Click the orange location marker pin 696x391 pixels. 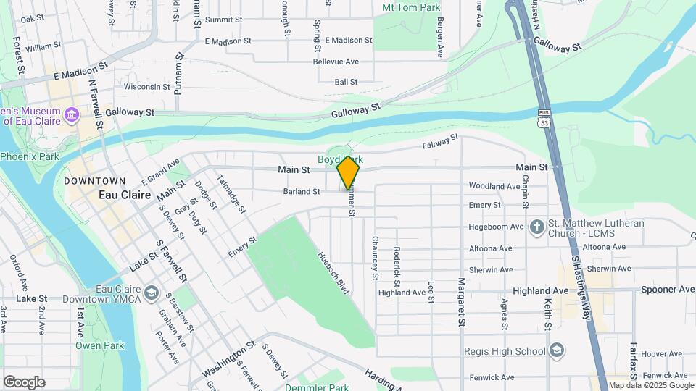[x=349, y=174]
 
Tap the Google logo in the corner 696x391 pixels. [x=24, y=382]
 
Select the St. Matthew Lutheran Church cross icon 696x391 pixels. [x=536, y=227]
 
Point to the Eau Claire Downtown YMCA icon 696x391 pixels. [x=151, y=293]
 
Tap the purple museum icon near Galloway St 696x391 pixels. [x=71, y=115]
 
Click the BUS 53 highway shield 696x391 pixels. [x=544, y=117]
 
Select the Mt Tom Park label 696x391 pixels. [x=411, y=7]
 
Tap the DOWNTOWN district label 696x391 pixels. [x=95, y=180]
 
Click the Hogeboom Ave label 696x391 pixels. [x=496, y=227]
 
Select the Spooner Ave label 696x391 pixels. [x=668, y=290]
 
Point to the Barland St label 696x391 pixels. [x=302, y=192]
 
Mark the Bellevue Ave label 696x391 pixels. [x=336, y=62]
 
